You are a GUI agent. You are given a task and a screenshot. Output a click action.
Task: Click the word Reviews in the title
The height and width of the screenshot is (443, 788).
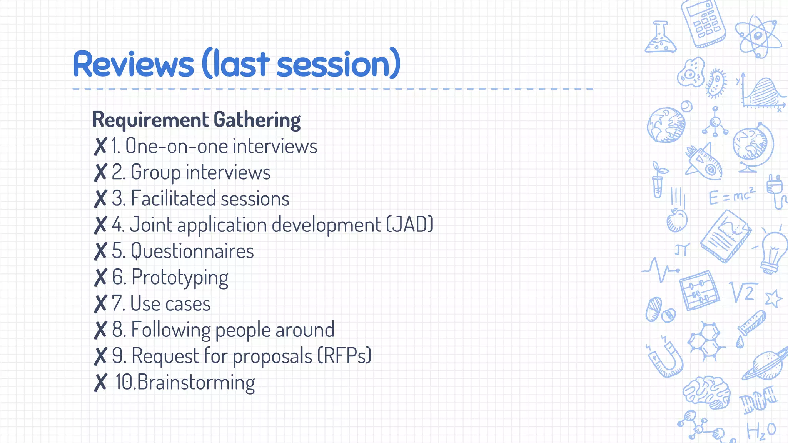[133, 64]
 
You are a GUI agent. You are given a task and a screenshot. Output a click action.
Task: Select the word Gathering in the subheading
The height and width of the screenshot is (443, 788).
[257, 120]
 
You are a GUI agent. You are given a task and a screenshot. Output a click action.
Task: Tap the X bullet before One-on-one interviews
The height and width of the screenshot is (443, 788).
[100, 147]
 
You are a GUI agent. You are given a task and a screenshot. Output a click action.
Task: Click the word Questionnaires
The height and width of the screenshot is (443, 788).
[192, 251]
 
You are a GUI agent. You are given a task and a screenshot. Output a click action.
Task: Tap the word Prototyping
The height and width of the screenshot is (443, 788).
[180, 278]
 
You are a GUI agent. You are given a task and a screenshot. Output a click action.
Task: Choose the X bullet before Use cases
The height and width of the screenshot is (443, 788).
[100, 304]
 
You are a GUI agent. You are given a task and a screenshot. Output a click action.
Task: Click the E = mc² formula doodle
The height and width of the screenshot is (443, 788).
[731, 196]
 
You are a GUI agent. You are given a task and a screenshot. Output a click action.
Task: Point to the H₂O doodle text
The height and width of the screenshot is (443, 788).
[761, 431]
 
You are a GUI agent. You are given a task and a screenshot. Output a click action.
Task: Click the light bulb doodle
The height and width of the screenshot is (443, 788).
[773, 252]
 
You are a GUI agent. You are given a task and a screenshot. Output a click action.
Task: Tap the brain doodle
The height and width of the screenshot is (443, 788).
[707, 392]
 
